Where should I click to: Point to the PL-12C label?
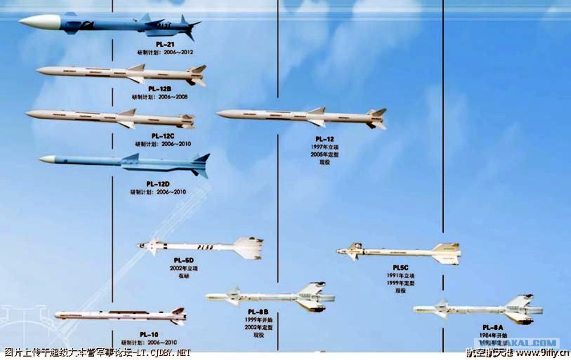pos(163,136)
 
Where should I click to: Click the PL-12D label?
pos(158,184)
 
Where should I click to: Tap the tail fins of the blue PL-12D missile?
pos(200,165)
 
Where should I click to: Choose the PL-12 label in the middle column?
pos(324,139)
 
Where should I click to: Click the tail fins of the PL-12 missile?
pos(377,118)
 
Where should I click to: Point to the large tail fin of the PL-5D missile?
pos(249,248)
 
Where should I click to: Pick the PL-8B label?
pos(258,312)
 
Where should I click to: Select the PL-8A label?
pos(492,327)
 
